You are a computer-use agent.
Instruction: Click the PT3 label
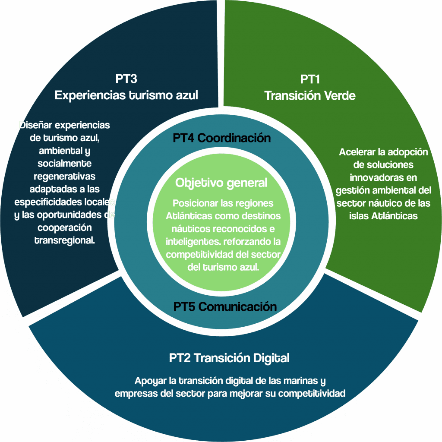click(x=126, y=79)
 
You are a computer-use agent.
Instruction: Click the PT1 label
click(x=309, y=79)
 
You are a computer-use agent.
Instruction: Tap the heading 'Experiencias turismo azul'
click(x=126, y=95)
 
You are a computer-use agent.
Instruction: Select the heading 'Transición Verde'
click(x=309, y=95)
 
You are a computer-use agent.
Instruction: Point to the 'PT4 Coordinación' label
click(x=221, y=138)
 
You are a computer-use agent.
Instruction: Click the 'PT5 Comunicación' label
click(x=225, y=307)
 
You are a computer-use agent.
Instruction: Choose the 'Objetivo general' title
click(x=221, y=183)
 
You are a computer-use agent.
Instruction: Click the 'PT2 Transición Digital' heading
click(x=229, y=358)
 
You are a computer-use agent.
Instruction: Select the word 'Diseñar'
click(x=35, y=126)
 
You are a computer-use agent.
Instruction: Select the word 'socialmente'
click(x=64, y=164)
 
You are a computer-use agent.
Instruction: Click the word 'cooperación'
click(x=65, y=227)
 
